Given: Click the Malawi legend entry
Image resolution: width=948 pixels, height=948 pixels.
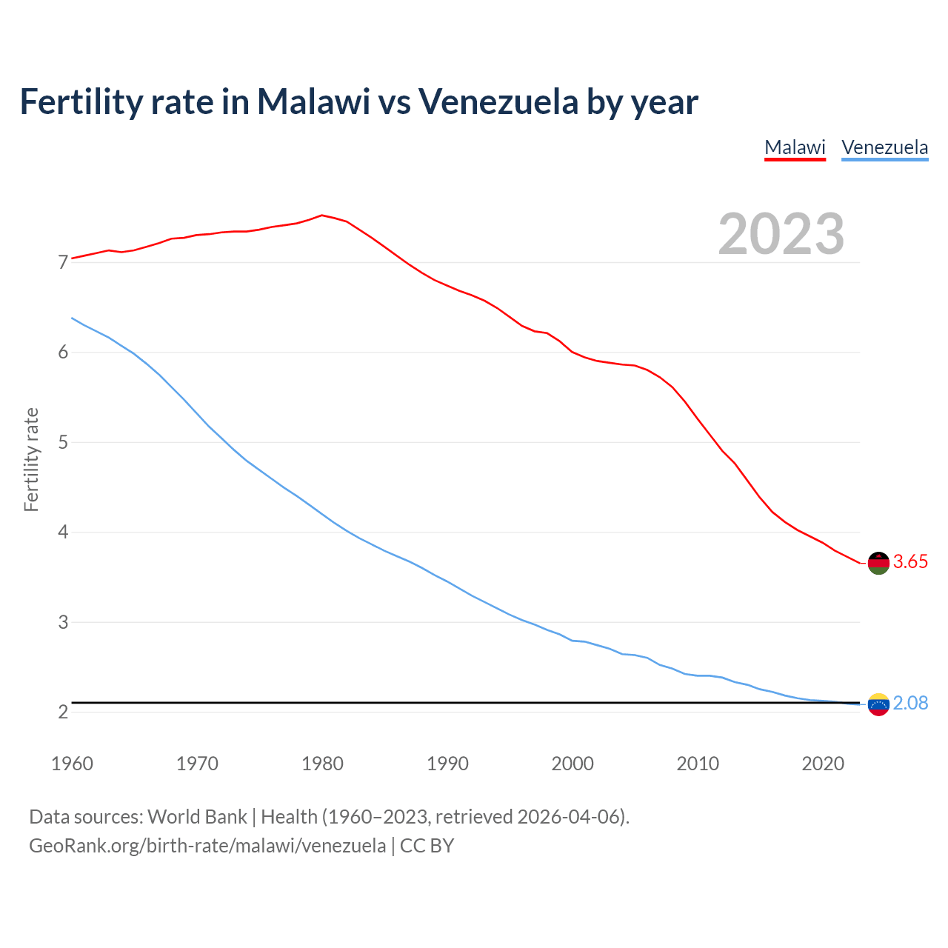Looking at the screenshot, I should coord(795,147).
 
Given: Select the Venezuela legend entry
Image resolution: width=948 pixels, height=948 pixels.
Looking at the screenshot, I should coord(884,147).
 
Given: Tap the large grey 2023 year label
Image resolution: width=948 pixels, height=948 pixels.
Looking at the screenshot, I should coord(781,234).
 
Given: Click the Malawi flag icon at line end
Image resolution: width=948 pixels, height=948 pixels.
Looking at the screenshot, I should coord(878,563).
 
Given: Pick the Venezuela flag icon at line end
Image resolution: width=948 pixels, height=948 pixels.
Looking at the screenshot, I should coord(878,704).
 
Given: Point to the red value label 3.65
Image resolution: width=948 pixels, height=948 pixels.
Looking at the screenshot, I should coord(910,562).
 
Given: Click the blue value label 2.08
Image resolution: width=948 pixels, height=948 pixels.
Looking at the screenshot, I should coord(910,704).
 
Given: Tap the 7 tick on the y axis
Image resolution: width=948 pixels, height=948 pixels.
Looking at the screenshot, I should coord(63,263).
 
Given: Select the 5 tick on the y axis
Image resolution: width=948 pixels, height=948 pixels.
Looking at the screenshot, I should coord(63,443).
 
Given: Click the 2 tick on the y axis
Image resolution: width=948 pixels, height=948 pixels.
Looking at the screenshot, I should coord(63,712).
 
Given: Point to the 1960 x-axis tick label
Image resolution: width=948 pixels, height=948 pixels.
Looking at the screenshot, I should coord(72,764).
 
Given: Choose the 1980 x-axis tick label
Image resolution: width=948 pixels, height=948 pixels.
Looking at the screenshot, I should coord(322,764).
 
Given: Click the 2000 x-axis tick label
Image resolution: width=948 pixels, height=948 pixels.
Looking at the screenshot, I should coord(573,764).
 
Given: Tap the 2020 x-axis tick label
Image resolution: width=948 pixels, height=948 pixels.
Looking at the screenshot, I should coord(823,764).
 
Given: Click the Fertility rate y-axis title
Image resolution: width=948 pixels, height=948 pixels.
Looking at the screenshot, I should coord(31,459).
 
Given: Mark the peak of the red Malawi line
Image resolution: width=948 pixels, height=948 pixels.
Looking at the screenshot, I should coord(321,216).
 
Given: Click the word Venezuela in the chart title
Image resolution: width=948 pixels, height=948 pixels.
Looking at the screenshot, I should coord(498,101).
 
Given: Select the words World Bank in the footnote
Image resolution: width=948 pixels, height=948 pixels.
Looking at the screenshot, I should coord(197,817).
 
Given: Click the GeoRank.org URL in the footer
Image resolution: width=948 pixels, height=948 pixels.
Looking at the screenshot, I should coord(207,846).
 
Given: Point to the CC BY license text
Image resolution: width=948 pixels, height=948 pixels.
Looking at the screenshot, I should coord(427,846).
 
